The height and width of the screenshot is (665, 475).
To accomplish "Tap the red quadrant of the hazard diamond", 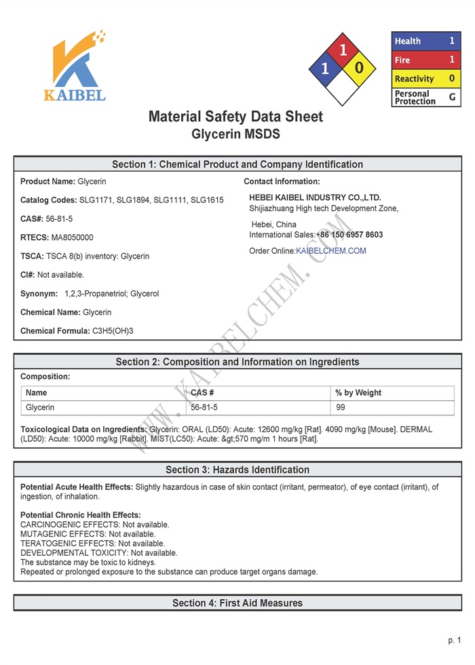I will pyautogui.click(x=343, y=50).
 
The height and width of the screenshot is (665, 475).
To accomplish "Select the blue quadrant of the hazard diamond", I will pyautogui.click(x=325, y=69).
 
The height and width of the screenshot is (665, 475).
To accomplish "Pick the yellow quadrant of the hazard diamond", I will pyautogui.click(x=360, y=68).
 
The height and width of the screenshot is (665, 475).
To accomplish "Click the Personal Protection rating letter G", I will pyautogui.click(x=452, y=97).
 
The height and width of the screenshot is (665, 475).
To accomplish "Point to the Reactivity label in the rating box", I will pyautogui.click(x=414, y=79).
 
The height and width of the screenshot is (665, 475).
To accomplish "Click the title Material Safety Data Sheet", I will pyautogui.click(x=235, y=116).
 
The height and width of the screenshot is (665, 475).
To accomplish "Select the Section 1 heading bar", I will pyautogui.click(x=237, y=164).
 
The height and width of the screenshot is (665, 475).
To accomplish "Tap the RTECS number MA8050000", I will pyautogui.click(x=73, y=237).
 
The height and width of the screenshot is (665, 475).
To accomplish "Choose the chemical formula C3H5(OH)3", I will pyautogui.click(x=113, y=331).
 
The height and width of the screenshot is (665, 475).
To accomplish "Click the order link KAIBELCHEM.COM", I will pyautogui.click(x=331, y=251).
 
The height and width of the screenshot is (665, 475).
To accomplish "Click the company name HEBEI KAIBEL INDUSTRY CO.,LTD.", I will pyautogui.click(x=315, y=197).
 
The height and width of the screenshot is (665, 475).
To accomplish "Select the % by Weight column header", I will pyautogui.click(x=358, y=393).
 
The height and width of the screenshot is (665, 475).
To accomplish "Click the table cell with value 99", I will pyautogui.click(x=341, y=408).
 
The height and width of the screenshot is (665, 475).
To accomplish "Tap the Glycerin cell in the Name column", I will pyautogui.click(x=40, y=408).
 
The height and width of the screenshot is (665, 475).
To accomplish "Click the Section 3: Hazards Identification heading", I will pyautogui.click(x=237, y=470).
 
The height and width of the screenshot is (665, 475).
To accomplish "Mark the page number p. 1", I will pyautogui.click(x=454, y=641).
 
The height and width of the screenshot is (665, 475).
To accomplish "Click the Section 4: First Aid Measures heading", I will pyautogui.click(x=237, y=603).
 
